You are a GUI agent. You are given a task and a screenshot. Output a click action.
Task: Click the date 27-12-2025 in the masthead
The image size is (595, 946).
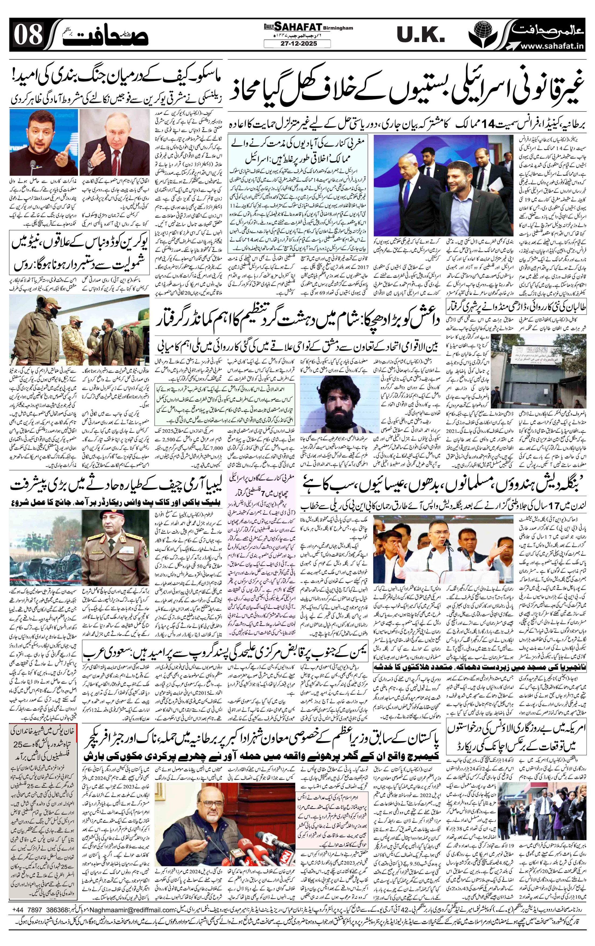click(297, 44)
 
